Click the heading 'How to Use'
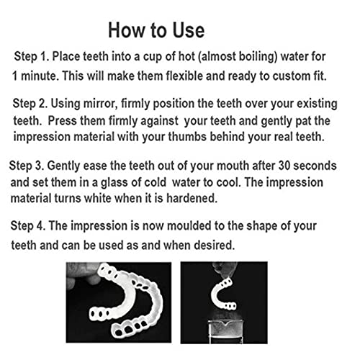point(156,30)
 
